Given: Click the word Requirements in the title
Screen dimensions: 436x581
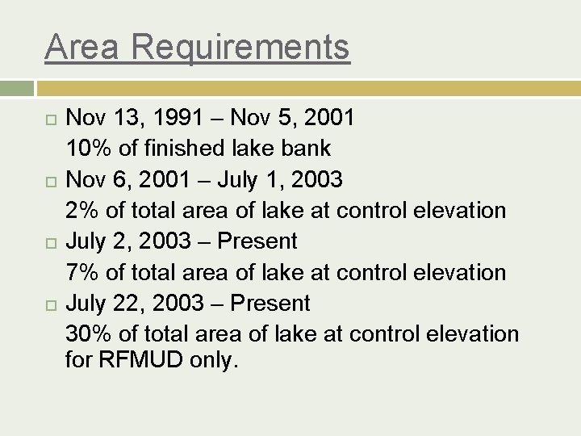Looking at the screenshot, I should tap(240, 48).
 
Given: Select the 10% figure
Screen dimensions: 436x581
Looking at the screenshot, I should tap(83, 149).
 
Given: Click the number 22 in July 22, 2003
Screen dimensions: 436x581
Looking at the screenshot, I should tap(124, 304).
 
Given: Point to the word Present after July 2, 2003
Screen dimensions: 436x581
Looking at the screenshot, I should tap(257, 241).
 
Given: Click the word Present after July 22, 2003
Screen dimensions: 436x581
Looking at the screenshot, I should tap(270, 304).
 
